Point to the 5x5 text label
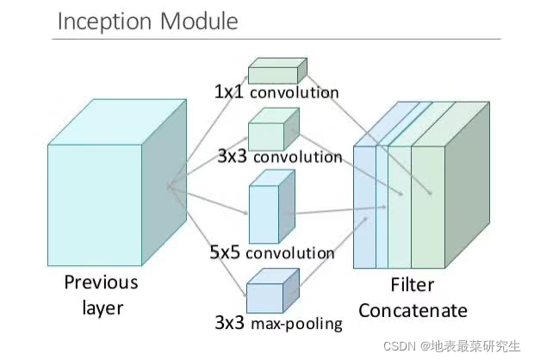[x=227, y=253]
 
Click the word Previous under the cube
[x=100, y=282]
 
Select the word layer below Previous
[x=101, y=307]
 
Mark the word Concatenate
[x=413, y=310]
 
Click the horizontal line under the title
[x=276, y=39]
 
